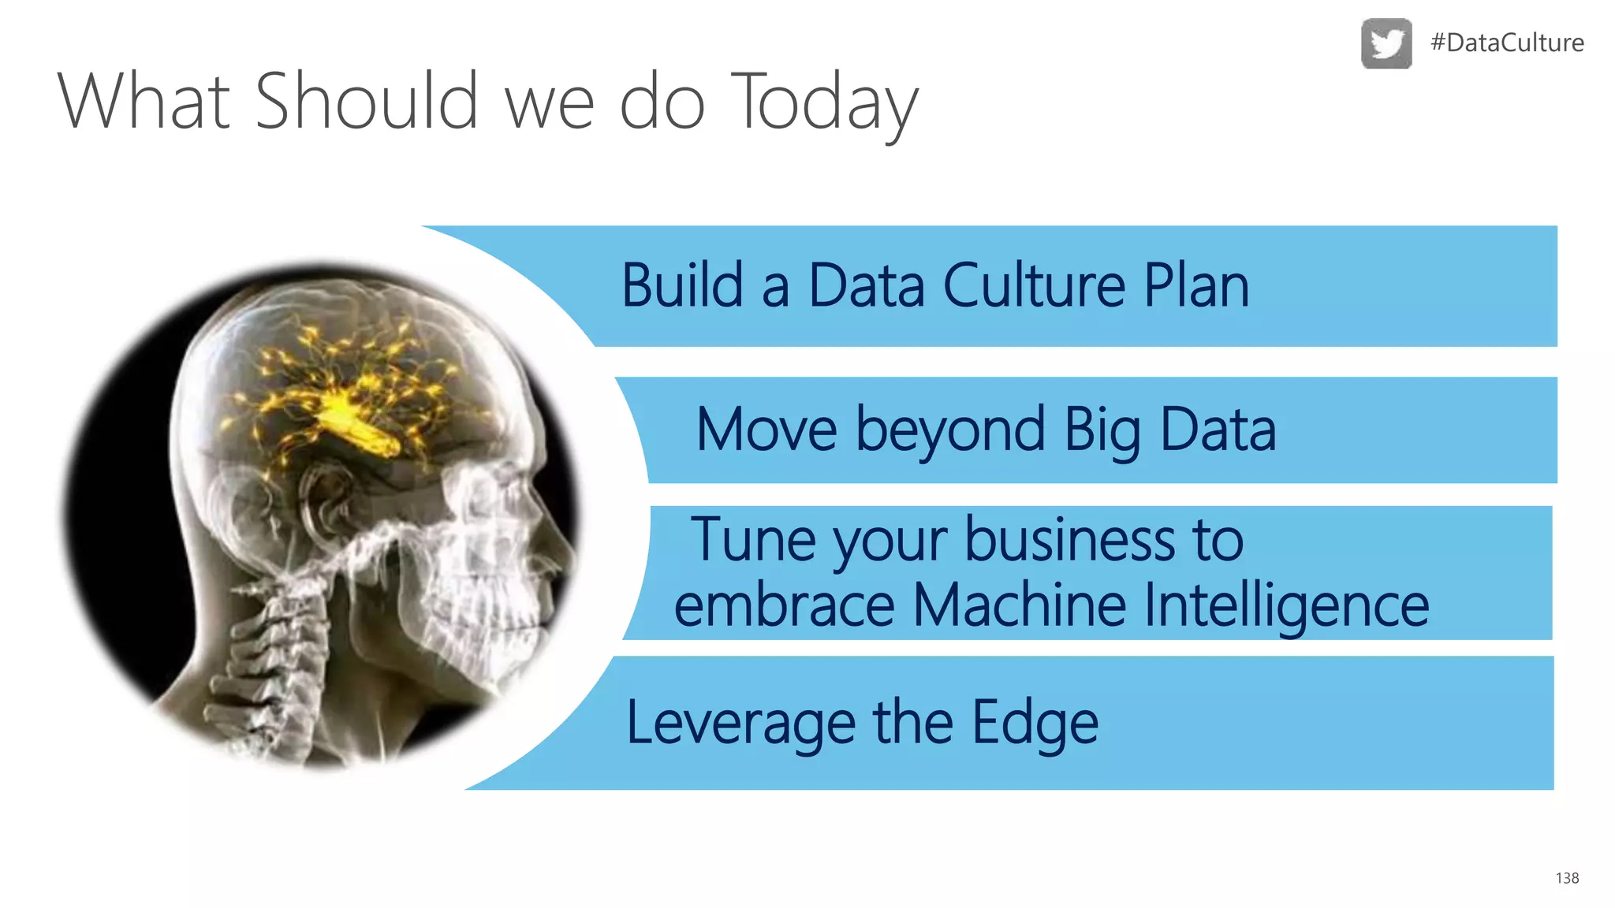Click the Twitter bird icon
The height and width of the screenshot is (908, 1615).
click(1386, 43)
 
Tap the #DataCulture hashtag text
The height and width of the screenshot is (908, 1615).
click(1507, 43)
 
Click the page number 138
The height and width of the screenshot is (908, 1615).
click(1567, 878)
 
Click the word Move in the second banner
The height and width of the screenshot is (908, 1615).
click(766, 430)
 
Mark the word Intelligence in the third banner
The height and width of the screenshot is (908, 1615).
click(1285, 605)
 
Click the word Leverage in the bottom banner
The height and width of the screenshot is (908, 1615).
click(740, 723)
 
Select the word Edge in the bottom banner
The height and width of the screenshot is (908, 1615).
click(1035, 723)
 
